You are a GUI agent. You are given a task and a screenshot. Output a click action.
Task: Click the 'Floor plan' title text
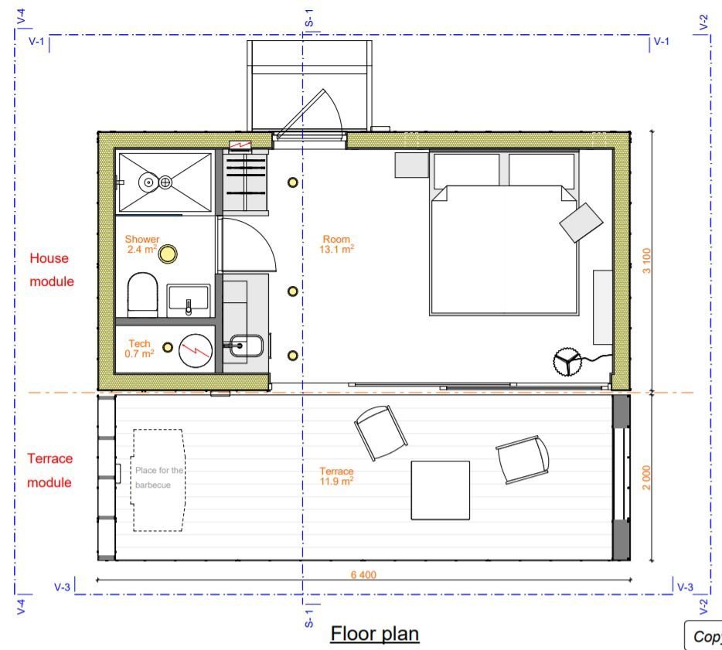[375, 634]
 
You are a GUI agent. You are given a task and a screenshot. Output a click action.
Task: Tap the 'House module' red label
[52, 270]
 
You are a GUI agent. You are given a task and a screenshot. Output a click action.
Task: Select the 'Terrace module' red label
[50, 470]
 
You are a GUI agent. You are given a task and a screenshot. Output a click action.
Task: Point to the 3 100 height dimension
[646, 260]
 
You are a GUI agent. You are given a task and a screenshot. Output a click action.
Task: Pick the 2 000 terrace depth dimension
[646, 477]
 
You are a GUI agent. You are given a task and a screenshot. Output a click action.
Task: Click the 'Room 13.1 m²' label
[336, 244]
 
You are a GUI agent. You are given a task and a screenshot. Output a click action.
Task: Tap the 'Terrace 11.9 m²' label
[336, 476]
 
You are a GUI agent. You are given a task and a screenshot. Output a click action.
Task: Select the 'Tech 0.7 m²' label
[139, 349]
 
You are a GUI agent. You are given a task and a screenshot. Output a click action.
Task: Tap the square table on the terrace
[440, 490]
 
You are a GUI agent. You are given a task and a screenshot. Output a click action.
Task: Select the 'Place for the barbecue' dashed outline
[159, 479]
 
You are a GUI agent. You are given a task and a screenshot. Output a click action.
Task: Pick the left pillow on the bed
[466, 169]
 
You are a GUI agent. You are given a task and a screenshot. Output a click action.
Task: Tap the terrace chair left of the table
[380, 432]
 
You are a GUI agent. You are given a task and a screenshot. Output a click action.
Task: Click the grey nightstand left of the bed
[411, 165]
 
